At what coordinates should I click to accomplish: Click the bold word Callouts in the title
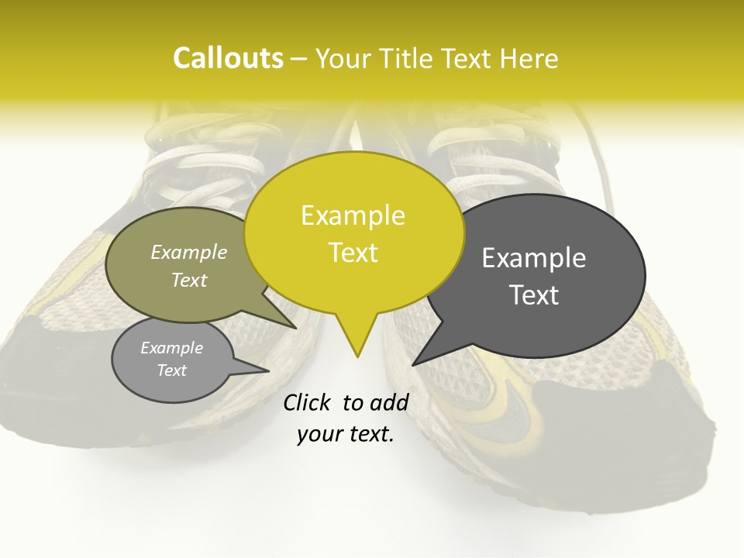[x=228, y=58]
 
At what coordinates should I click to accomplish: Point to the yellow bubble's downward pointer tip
[x=357, y=354]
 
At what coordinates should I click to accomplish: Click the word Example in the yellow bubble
[x=353, y=215]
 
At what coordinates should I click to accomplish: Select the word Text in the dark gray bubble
[x=535, y=295]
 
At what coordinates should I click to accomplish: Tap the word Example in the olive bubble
[x=188, y=252]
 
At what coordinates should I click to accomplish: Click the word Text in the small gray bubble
[x=172, y=370]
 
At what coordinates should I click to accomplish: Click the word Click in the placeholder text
[x=308, y=402]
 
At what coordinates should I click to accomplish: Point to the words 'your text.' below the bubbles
[x=346, y=435]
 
